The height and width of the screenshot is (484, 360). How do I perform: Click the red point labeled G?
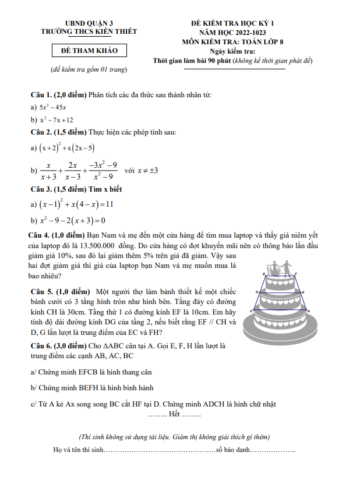(x=301, y=292)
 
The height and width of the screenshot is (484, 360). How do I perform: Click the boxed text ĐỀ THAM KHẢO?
(x=89, y=51)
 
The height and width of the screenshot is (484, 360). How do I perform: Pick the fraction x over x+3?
(x=49, y=171)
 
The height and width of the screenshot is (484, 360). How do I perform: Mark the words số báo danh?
(x=232, y=450)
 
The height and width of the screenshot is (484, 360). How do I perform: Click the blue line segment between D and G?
(x=280, y=292)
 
